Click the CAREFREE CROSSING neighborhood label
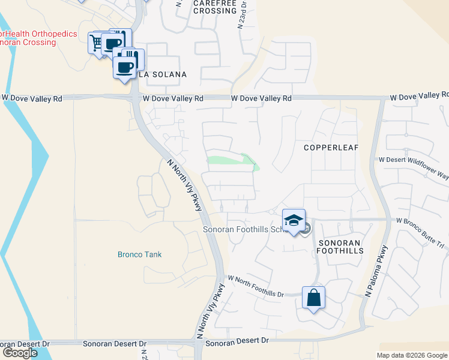pos(215,7)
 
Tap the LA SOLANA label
pos(163,74)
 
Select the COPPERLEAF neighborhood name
pos(327,147)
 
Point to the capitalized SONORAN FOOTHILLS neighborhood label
pos(340,247)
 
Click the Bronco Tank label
pos(139,254)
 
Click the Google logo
pos(19,353)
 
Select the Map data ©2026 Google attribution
pos(412,355)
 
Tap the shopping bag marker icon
pos(314,298)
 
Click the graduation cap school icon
pos(294,220)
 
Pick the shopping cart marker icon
pos(96,43)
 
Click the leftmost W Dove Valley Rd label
pos(32,97)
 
